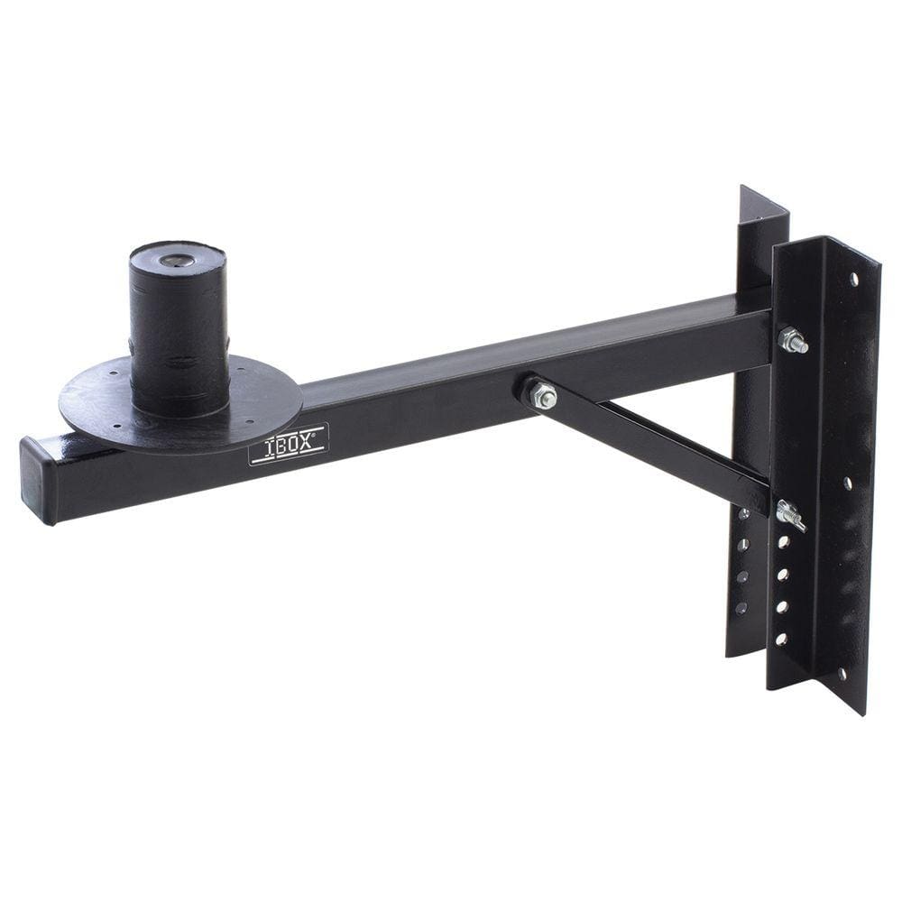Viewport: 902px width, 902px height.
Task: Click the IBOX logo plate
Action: tap(289, 444)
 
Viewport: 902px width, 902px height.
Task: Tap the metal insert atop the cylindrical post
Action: tap(176, 261)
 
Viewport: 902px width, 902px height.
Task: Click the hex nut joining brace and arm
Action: tap(542, 395)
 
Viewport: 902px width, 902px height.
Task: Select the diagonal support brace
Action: tap(649, 442)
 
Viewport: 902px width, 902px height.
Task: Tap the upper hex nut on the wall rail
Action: tap(792, 340)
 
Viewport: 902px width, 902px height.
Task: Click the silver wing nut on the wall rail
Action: tap(788, 515)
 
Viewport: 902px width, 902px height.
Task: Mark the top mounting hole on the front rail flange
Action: tap(853, 280)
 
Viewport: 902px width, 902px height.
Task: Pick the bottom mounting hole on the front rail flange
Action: tap(842, 672)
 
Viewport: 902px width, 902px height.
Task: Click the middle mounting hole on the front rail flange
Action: tap(848, 483)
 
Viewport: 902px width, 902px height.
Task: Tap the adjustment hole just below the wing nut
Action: tap(783, 541)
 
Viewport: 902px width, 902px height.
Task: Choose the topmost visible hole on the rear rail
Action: tap(743, 514)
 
